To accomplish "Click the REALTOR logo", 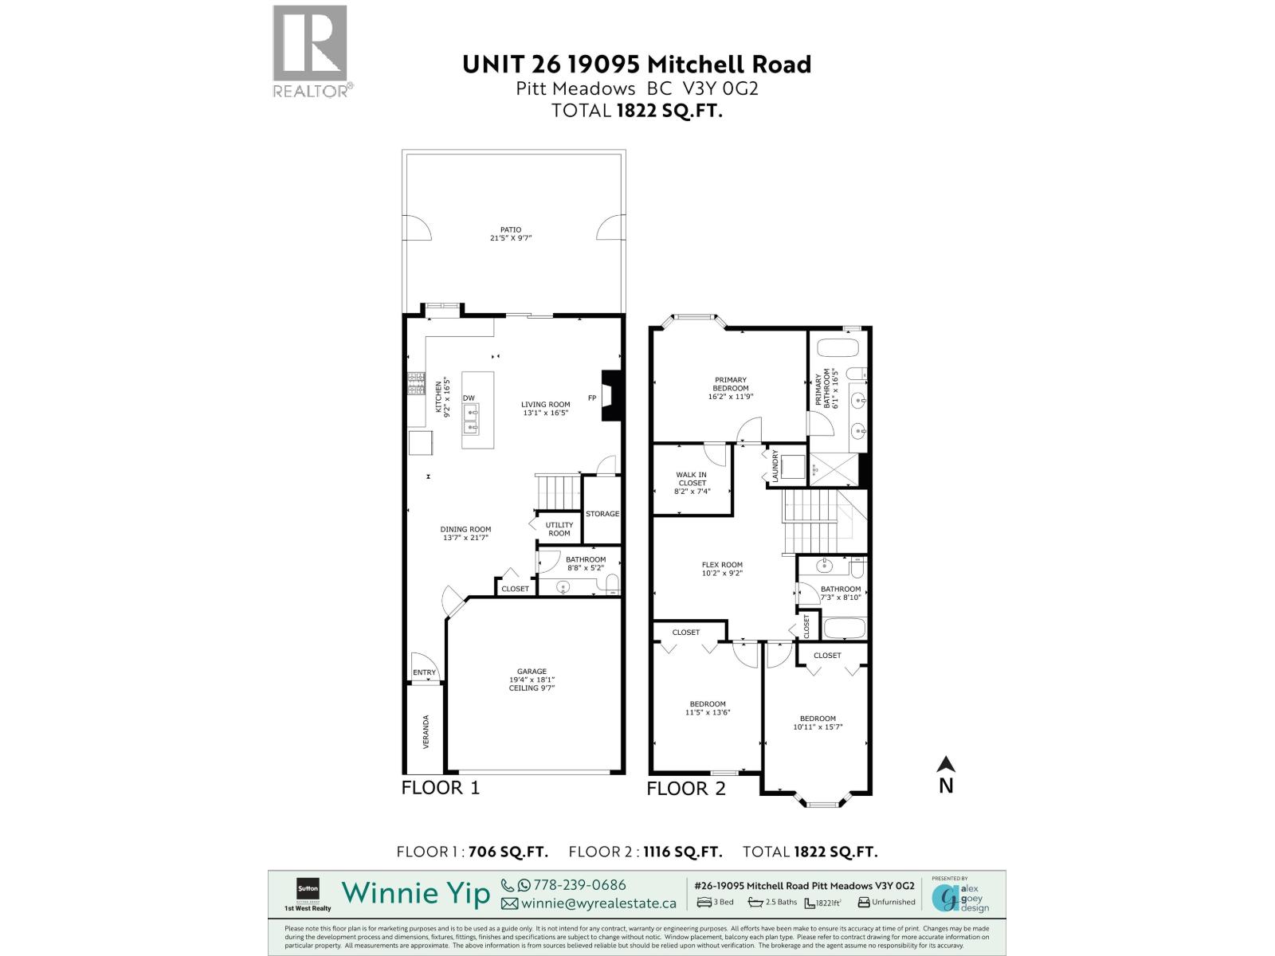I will click(x=311, y=50).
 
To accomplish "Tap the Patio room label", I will click(x=511, y=233).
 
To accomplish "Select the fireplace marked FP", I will click(x=610, y=396).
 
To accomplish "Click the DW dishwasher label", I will click(x=469, y=398).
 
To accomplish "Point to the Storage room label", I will click(x=602, y=514).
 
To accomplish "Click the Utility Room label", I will click(x=559, y=529).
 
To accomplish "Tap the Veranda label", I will click(x=426, y=731).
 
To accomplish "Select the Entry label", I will click(x=425, y=672).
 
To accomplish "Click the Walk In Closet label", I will click(x=692, y=483).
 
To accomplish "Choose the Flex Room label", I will click(x=722, y=569).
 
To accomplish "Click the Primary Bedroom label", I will click(x=731, y=388).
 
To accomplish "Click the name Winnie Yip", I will click(x=416, y=893).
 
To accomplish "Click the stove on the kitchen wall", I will click(x=415, y=385).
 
